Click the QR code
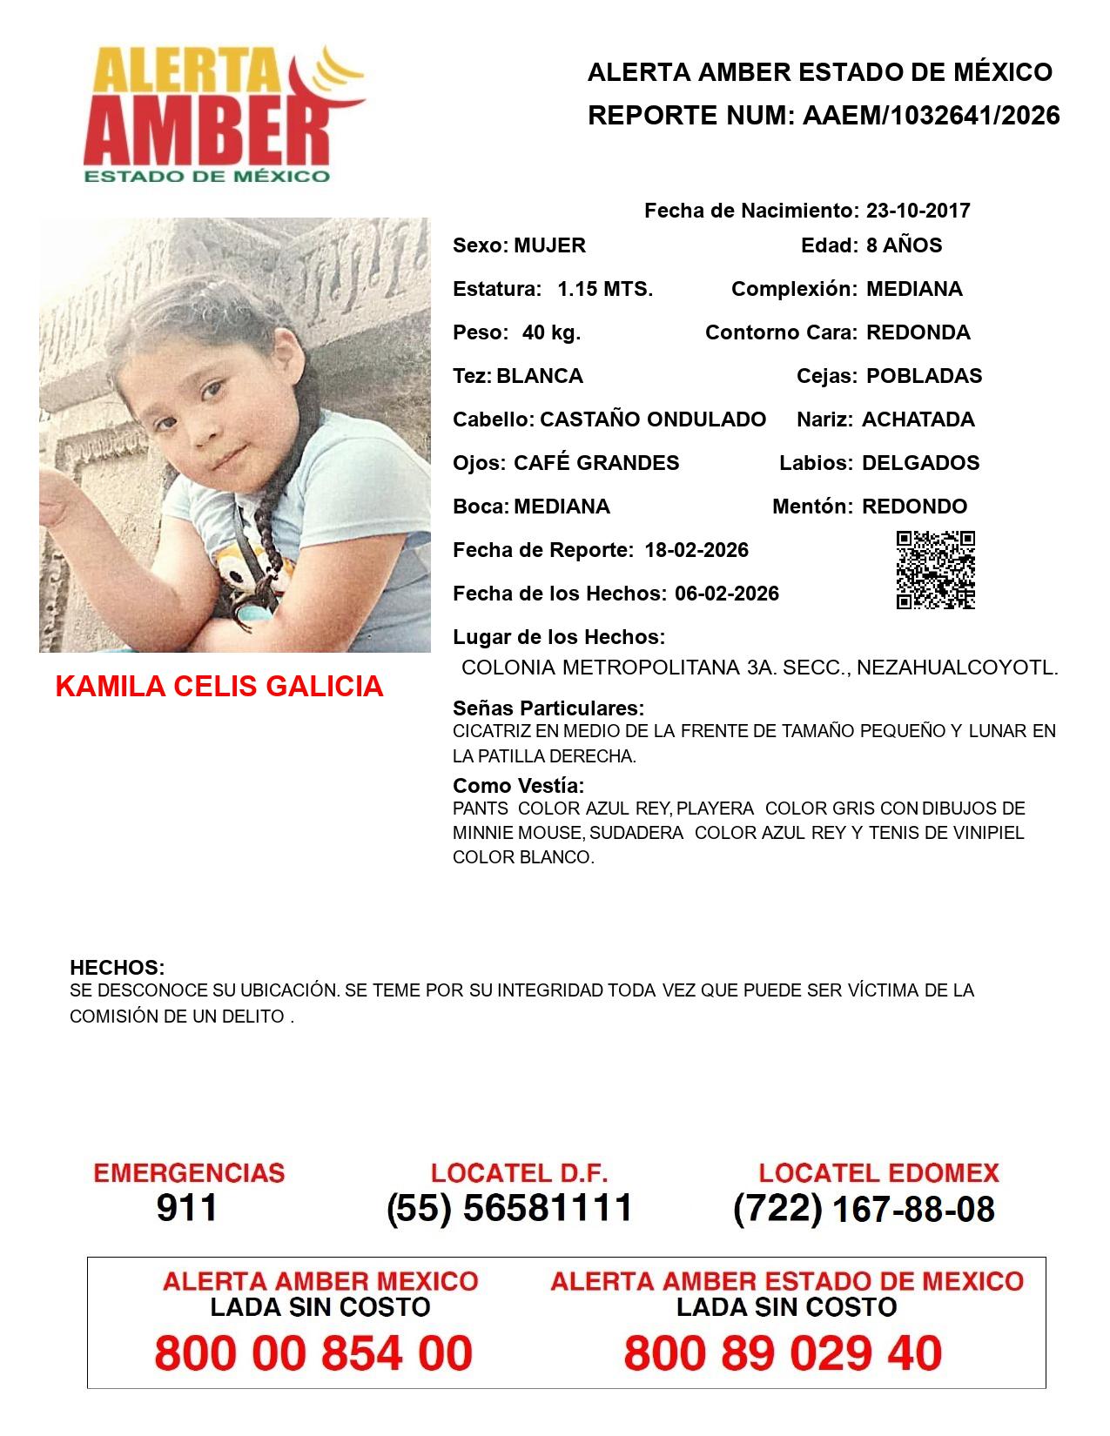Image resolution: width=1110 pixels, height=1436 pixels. [936, 570]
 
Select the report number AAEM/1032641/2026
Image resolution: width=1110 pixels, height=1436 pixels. [931, 116]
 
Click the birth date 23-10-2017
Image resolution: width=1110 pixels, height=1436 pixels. [918, 211]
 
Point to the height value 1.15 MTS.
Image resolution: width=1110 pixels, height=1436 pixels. [605, 289]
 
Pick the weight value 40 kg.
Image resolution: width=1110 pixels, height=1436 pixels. [551, 332]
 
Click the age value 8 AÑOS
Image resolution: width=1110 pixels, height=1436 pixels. [904, 245]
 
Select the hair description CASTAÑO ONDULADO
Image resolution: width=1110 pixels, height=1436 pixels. [653, 419]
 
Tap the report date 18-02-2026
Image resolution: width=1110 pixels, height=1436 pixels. [696, 550]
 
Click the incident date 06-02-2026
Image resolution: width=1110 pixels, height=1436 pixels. [727, 594]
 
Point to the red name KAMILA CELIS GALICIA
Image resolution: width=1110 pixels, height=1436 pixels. [219, 687]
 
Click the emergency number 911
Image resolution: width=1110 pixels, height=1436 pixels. [186, 1208]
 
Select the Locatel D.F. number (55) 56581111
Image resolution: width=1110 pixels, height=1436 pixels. [509, 1208]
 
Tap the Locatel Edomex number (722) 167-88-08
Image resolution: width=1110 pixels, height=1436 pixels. [864, 1209]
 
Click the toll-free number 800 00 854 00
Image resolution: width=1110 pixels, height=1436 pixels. [313, 1353]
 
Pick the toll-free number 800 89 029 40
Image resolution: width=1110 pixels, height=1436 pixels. [783, 1353]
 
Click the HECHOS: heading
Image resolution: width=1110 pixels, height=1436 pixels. [118, 968]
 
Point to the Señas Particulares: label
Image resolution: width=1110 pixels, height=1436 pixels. [548, 708]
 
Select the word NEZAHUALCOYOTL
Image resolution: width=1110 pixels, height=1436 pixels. [958, 668]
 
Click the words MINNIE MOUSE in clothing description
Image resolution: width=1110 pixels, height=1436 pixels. [518, 833]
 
